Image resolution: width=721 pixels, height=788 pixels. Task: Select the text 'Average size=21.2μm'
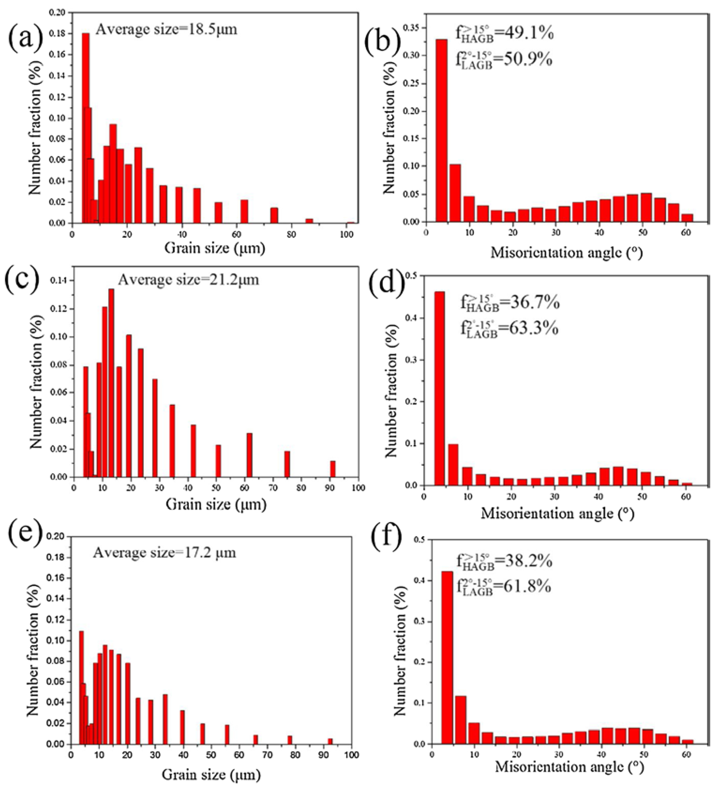pyautogui.click(x=188, y=280)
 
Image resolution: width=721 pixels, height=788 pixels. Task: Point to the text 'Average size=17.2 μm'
pyautogui.click(x=164, y=553)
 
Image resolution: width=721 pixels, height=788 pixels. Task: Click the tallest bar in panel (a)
pyautogui.click(x=86, y=129)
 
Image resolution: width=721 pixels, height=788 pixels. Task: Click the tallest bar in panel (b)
pyautogui.click(x=441, y=131)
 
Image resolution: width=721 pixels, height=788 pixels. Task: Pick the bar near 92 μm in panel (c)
pyautogui.click(x=332, y=469)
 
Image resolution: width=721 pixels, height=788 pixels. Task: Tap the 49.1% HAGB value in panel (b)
pyautogui.click(x=529, y=35)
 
